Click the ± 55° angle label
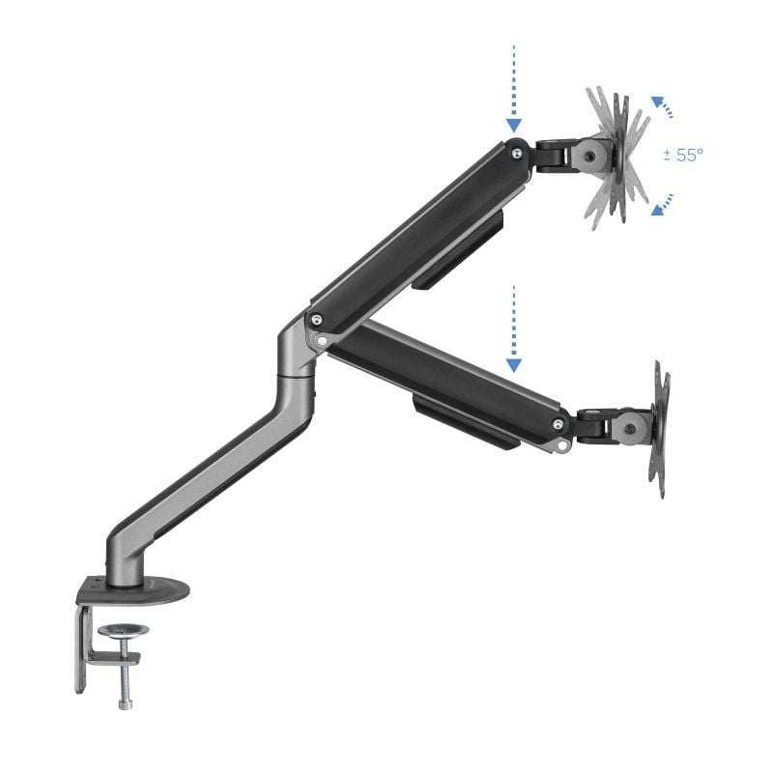pos(683,155)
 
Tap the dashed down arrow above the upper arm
pos(513,88)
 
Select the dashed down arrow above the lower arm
pos(513,329)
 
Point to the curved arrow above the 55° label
pos(662,105)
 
